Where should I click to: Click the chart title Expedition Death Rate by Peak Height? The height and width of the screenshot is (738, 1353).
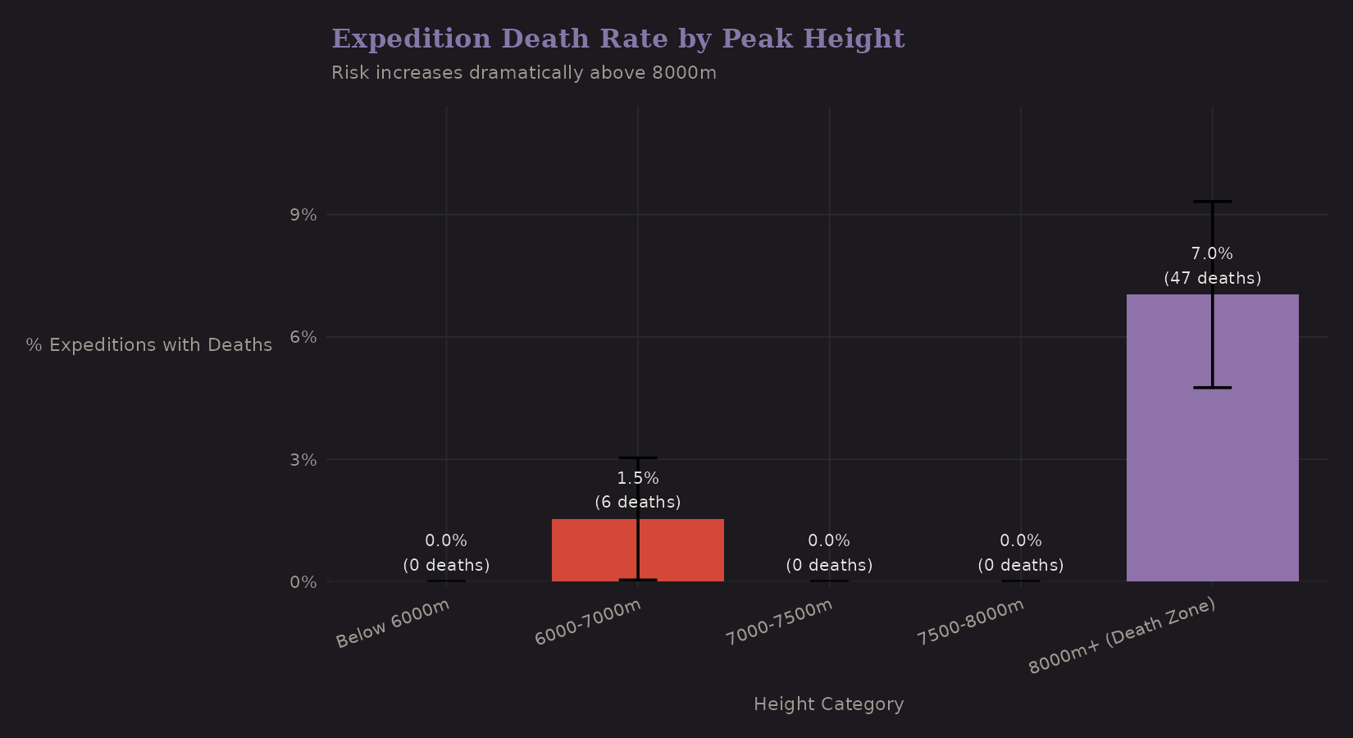[617, 39]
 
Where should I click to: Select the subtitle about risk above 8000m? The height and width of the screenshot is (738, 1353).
[523, 73]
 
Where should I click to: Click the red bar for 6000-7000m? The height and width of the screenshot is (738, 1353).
[590, 550]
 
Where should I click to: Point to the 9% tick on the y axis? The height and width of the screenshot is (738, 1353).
[303, 215]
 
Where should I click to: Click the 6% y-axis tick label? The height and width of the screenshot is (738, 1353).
[303, 337]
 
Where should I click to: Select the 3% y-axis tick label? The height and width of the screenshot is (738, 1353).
[303, 459]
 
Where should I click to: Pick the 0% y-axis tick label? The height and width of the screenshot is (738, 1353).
[303, 582]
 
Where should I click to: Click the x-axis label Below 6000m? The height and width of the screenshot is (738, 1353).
[393, 624]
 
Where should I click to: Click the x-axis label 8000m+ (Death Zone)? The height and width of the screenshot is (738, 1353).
[1122, 636]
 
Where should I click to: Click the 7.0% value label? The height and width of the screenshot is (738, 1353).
[1212, 254]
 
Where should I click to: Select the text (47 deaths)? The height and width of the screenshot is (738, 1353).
[1212, 278]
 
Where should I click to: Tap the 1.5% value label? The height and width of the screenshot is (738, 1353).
[638, 478]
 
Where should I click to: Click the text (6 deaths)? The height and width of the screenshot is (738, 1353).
[638, 502]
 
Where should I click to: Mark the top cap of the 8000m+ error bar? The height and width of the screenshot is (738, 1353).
[1212, 202]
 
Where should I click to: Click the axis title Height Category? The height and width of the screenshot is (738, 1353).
[828, 704]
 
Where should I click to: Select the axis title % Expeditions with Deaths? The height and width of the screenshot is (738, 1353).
[149, 345]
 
